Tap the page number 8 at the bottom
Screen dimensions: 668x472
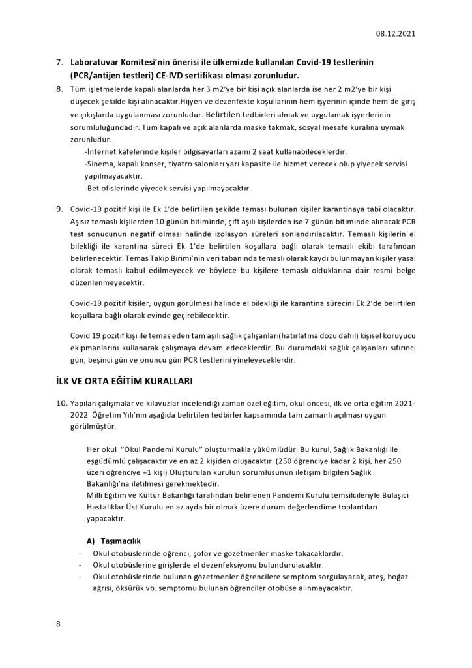[58, 624]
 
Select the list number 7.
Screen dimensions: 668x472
[59, 62]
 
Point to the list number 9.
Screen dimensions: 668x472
[59, 209]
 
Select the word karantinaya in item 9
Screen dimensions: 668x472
[359, 209]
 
